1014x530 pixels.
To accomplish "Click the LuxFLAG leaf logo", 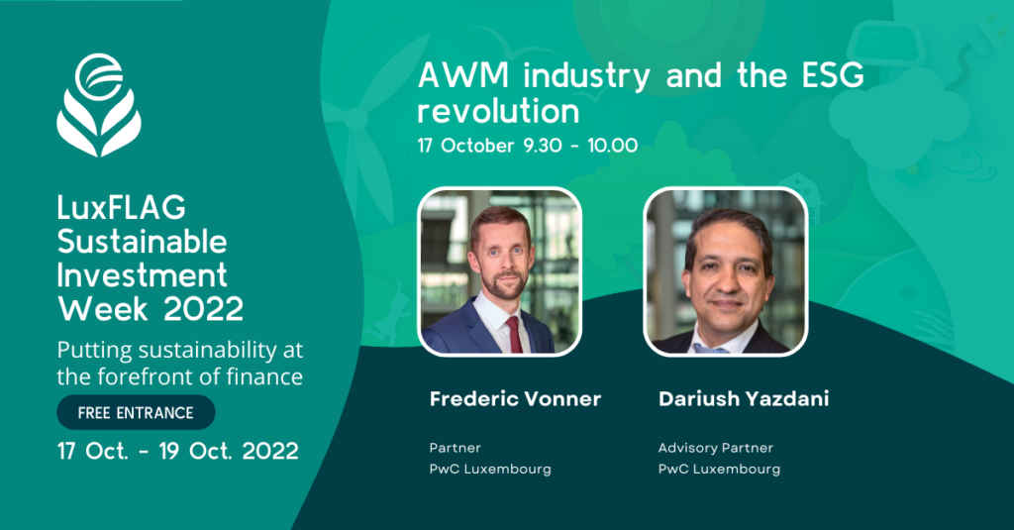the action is (x=99, y=105).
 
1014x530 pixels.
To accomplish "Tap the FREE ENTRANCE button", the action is (x=136, y=413).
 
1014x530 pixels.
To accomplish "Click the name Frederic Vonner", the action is (x=515, y=398).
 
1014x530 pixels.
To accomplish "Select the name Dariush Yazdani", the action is (x=744, y=398).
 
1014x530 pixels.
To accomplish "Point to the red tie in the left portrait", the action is (x=514, y=334).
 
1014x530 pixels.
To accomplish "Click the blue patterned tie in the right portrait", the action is (x=712, y=349).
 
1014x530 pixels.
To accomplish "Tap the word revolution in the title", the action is (x=498, y=111).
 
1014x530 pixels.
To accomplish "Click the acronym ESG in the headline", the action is (x=833, y=75).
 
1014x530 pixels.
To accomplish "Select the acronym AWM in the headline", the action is (x=463, y=75).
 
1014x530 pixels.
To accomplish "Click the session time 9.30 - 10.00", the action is (x=580, y=146).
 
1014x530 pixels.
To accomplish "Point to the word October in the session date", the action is (x=477, y=146).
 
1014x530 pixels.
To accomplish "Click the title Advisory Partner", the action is (x=716, y=448).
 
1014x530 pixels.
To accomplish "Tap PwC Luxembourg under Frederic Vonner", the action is (x=490, y=470).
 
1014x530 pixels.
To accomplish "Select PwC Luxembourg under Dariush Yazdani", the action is (x=719, y=470).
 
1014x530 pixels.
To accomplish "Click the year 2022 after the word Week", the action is (x=203, y=309).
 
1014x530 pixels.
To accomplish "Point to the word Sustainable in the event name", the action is (x=142, y=242).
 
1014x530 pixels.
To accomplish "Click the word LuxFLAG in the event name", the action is (x=121, y=208).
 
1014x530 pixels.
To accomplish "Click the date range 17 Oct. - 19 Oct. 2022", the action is (x=178, y=451).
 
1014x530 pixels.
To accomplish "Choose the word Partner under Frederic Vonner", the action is (x=456, y=448).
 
